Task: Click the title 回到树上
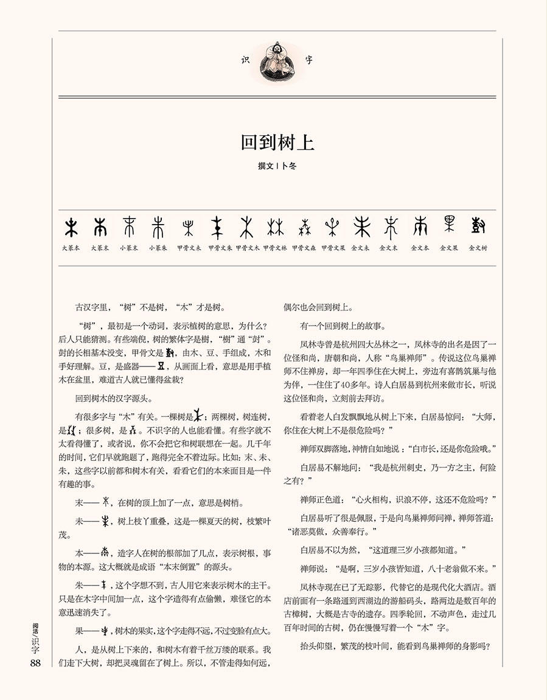(x=277, y=143)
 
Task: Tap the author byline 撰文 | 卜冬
(x=277, y=166)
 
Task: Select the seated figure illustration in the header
(x=277, y=60)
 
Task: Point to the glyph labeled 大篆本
(x=71, y=228)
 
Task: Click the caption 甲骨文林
(x=275, y=248)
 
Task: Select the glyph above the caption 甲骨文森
(x=304, y=228)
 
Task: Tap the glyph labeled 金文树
(x=478, y=226)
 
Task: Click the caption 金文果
(x=449, y=248)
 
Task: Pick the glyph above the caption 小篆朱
(x=158, y=228)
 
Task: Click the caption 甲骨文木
(x=247, y=248)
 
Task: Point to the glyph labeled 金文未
(x=361, y=227)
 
